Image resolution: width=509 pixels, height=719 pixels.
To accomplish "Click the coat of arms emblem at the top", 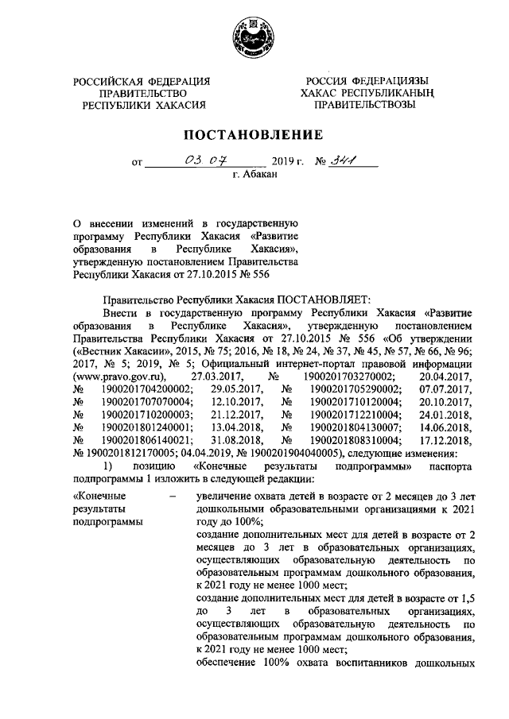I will [x=254, y=37].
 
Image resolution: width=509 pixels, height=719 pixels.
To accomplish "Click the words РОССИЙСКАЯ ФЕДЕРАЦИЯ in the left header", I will [x=142, y=80].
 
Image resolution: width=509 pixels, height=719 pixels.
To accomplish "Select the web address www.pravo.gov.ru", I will [x=119, y=376].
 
